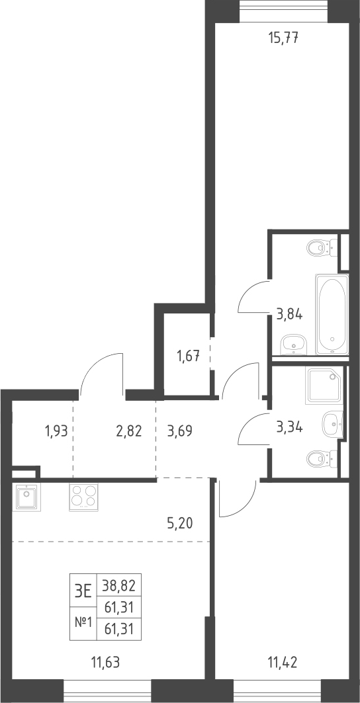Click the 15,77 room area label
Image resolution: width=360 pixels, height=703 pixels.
click(x=283, y=37)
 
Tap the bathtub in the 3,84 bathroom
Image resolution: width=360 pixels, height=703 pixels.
click(x=332, y=314)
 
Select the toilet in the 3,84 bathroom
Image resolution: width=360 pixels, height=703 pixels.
click(x=322, y=246)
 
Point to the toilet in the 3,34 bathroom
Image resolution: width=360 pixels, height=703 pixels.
click(x=322, y=458)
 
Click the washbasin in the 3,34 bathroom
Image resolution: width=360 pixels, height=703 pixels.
click(x=333, y=422)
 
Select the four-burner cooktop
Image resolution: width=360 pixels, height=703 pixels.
click(x=83, y=497)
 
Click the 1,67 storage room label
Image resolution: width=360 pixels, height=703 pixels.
click(x=187, y=357)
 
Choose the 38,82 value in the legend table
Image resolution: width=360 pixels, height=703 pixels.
click(x=119, y=585)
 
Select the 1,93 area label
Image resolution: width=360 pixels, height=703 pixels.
click(x=56, y=431)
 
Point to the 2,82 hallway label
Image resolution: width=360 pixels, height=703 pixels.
click(x=128, y=431)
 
